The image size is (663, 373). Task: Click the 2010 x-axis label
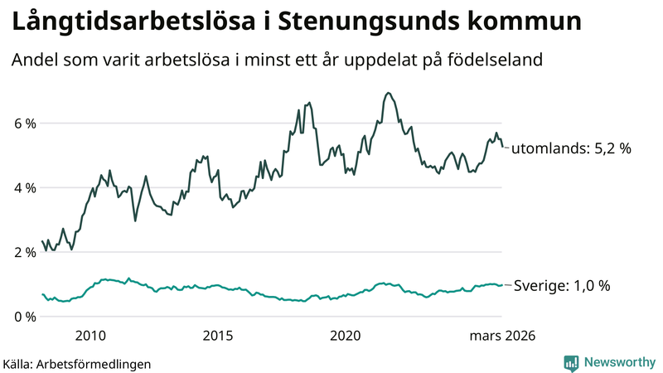(90, 336)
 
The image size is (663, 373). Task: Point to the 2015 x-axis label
(218, 336)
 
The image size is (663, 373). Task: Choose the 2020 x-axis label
(346, 336)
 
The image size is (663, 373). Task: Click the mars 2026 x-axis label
(502, 336)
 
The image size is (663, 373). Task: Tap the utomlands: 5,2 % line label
(571, 149)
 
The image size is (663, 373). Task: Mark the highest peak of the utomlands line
(388, 93)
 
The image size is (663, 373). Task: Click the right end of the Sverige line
(502, 285)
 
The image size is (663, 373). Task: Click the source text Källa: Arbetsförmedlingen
(77, 364)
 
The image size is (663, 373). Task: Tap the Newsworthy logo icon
(571, 362)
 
